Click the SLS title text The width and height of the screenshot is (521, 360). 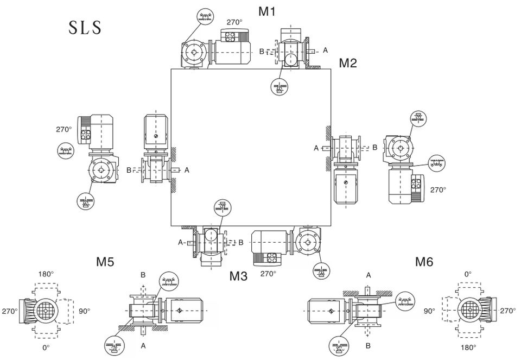pyautogui.click(x=85, y=28)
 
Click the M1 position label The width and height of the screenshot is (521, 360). pyautogui.click(x=267, y=11)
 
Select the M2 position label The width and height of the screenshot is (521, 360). pyautogui.click(x=348, y=63)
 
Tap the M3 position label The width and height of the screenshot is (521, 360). pyautogui.click(x=239, y=276)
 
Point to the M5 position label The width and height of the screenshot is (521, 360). pyautogui.click(x=105, y=262)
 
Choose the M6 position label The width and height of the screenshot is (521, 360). pyautogui.click(x=424, y=262)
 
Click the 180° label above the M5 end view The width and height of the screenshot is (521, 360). pyautogui.click(x=46, y=274)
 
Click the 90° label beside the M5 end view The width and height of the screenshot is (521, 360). pyautogui.click(x=85, y=311)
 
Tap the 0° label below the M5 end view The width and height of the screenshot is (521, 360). pyautogui.click(x=46, y=348)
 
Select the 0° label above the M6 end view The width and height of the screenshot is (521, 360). pyautogui.click(x=468, y=274)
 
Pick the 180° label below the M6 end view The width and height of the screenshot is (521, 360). pyautogui.click(x=468, y=348)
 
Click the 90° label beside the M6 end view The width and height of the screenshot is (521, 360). pyautogui.click(x=429, y=311)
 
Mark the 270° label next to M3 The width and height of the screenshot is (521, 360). pyautogui.click(x=268, y=274)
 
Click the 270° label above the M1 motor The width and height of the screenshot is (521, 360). pyautogui.click(x=234, y=22)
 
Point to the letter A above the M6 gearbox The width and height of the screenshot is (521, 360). pyautogui.click(x=368, y=275)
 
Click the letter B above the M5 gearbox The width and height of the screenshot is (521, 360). pyautogui.click(x=143, y=275)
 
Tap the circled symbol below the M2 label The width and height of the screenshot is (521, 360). pyautogui.click(x=279, y=86)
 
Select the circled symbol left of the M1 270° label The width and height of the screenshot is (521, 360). pyautogui.click(x=206, y=16)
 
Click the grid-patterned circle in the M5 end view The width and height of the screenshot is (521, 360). pyautogui.click(x=45, y=311)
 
